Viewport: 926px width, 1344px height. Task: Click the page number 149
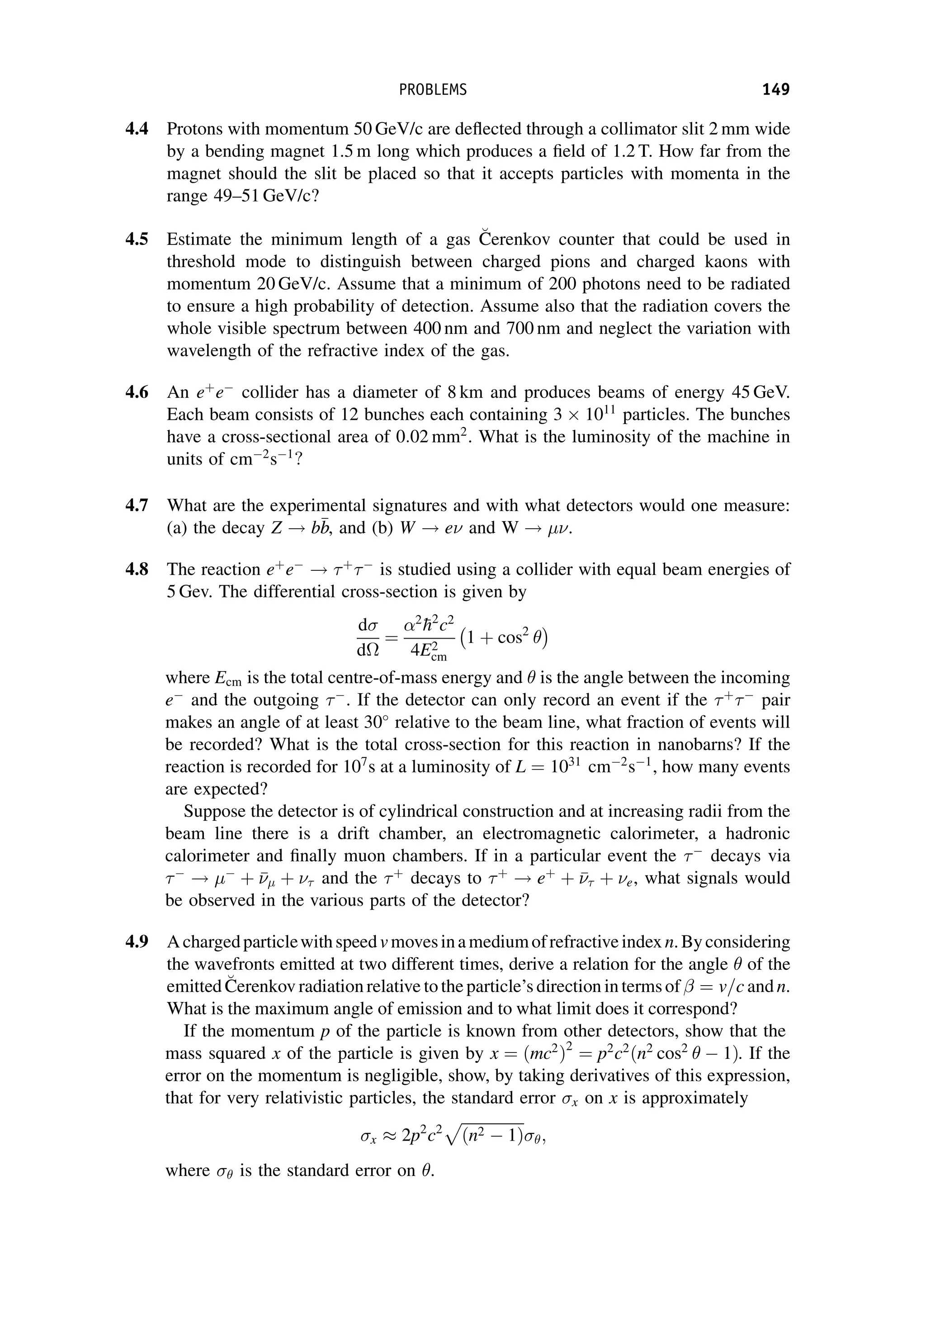776,90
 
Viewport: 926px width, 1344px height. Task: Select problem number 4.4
137,129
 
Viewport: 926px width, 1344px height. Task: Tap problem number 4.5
137,240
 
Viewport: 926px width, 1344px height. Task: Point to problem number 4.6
137,393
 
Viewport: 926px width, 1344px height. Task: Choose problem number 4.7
137,506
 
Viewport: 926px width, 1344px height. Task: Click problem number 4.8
137,569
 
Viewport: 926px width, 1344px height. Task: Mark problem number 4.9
137,942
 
